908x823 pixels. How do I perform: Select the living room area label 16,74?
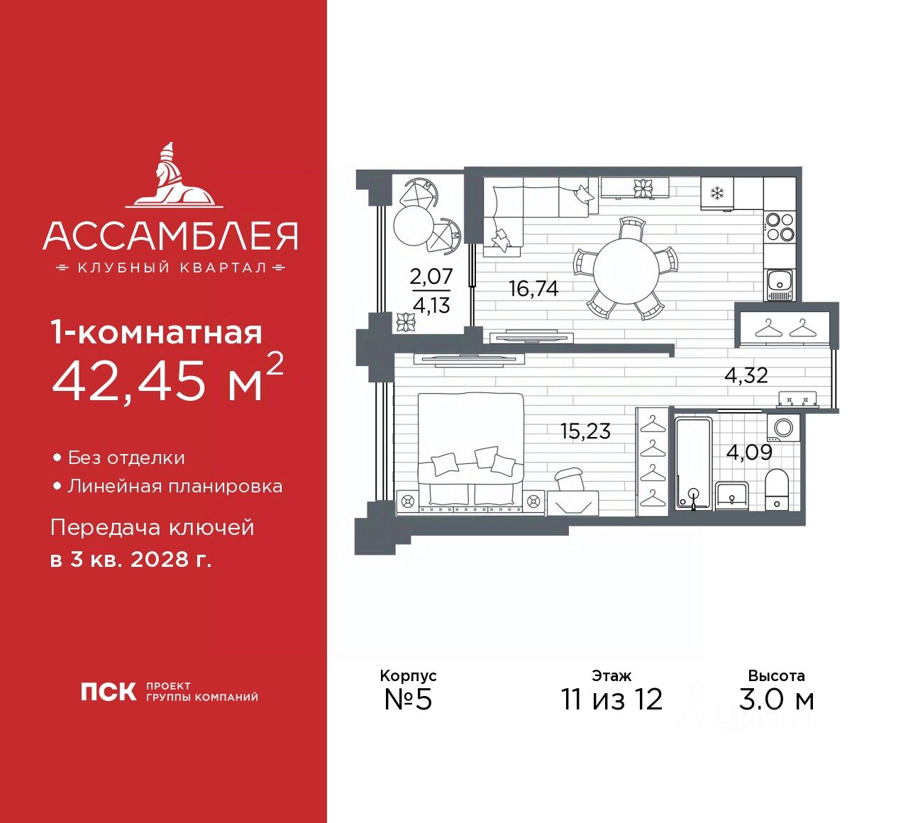tap(533, 289)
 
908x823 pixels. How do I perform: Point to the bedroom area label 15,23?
tap(585, 431)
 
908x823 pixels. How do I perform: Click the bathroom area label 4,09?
tap(749, 452)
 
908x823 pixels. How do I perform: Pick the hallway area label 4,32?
tap(746, 375)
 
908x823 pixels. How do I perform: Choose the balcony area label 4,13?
tap(431, 306)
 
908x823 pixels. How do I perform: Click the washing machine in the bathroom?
tap(785, 429)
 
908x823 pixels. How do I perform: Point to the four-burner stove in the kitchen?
tap(780, 228)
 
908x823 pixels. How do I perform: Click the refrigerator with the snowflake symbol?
tap(716, 193)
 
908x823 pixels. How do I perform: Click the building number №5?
tap(408, 699)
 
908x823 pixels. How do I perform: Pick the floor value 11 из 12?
tap(611, 699)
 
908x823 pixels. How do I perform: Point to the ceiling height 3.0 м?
tap(776, 699)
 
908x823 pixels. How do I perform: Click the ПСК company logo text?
tap(108, 692)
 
